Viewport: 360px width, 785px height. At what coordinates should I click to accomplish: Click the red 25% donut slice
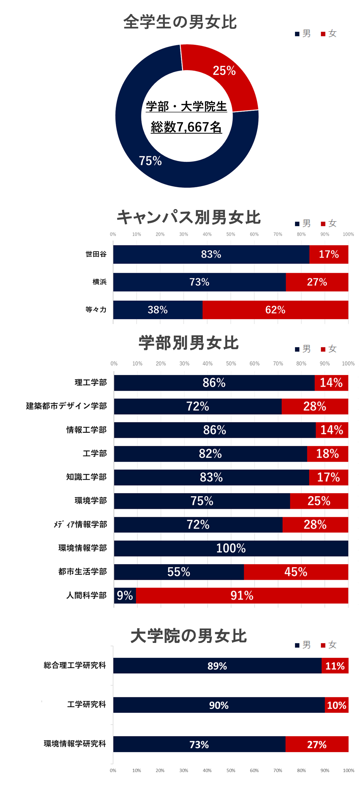[x=224, y=73]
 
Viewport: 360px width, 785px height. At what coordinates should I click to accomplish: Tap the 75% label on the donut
[x=150, y=161]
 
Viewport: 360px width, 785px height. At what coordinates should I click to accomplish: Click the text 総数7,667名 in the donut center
[x=186, y=127]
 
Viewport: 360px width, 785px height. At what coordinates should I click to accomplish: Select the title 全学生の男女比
[x=180, y=22]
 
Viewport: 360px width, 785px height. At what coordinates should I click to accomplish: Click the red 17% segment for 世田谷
[x=328, y=254]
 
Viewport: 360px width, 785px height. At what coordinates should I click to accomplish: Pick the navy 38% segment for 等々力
[x=157, y=309]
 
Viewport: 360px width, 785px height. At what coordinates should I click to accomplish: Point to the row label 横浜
[x=99, y=282]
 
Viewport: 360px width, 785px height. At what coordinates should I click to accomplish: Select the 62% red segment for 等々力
[x=275, y=309]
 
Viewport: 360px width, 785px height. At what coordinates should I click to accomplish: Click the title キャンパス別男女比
[x=188, y=217]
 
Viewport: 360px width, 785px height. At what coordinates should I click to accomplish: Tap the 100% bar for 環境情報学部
[x=231, y=548]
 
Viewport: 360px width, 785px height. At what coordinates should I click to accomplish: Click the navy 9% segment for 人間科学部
[x=125, y=595]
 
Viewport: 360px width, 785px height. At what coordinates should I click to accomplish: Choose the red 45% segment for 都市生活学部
[x=296, y=572]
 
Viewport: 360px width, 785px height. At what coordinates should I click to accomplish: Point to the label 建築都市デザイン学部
[x=66, y=406]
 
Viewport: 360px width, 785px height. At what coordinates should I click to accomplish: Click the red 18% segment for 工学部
[x=327, y=454]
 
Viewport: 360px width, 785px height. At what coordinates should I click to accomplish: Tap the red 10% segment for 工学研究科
[x=337, y=705]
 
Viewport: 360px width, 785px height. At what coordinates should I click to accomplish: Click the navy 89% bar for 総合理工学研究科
[x=217, y=666]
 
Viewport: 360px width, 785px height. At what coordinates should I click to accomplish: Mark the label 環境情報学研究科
[x=75, y=744]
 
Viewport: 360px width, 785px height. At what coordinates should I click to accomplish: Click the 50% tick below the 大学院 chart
[x=231, y=770]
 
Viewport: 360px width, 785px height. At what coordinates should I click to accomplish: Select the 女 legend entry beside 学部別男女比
[x=329, y=349]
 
